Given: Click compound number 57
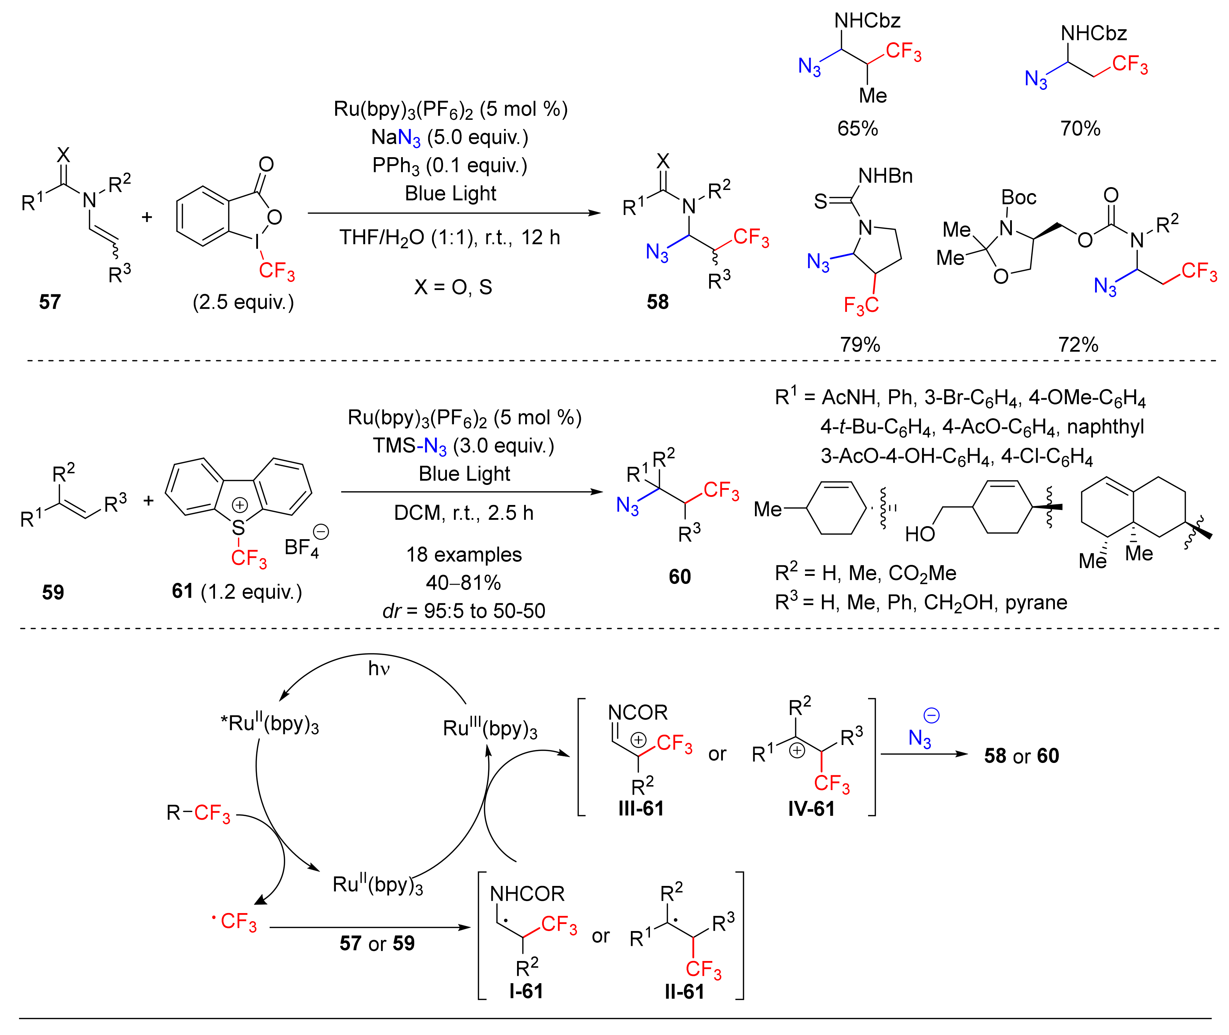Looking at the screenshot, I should pos(50,302).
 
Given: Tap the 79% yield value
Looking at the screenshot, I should pos(860,344).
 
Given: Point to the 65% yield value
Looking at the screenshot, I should pos(858,129).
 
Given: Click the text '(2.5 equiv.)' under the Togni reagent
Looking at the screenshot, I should pos(243,302).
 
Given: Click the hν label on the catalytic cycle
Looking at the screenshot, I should pos(379,668).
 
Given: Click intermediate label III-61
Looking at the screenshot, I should pos(641,808).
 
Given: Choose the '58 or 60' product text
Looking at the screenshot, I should pos(1021,756).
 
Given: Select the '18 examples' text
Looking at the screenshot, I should pos(464,554).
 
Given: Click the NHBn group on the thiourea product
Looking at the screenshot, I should pos(885,175).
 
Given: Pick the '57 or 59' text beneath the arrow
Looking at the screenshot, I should pos(377,943).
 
